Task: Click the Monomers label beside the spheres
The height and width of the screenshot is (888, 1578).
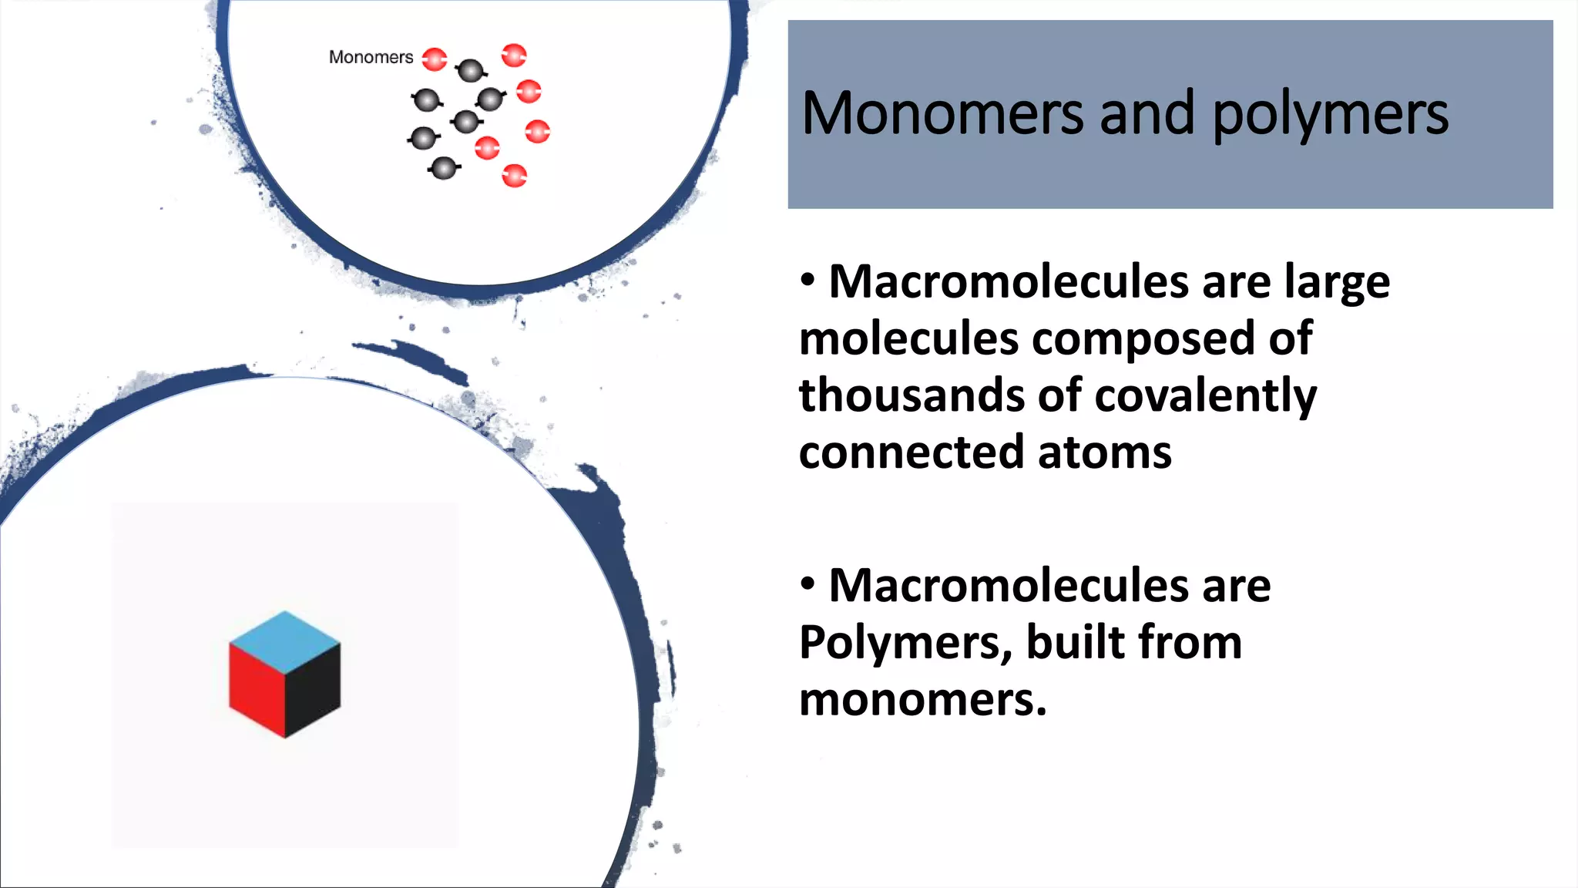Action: pyautogui.click(x=371, y=57)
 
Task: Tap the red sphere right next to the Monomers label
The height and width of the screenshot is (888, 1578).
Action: pyautogui.click(x=435, y=59)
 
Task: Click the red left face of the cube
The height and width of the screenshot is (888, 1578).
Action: pyautogui.click(x=256, y=690)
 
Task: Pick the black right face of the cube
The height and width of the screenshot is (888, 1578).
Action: pyautogui.click(x=313, y=690)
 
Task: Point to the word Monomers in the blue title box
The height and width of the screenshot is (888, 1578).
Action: pyautogui.click(x=942, y=114)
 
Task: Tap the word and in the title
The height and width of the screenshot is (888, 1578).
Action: pyautogui.click(x=1147, y=113)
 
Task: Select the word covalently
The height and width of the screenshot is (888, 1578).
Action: pyautogui.click(x=1205, y=396)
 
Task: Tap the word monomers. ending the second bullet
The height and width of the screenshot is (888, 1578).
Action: pyautogui.click(x=922, y=700)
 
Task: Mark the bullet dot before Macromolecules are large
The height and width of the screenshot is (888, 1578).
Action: pyautogui.click(x=807, y=281)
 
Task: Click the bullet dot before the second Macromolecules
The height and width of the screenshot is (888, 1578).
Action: pyautogui.click(x=807, y=584)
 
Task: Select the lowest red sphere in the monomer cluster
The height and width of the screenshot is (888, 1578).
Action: pyautogui.click(x=514, y=176)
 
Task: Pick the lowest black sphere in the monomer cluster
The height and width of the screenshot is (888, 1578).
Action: pyautogui.click(x=444, y=167)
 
